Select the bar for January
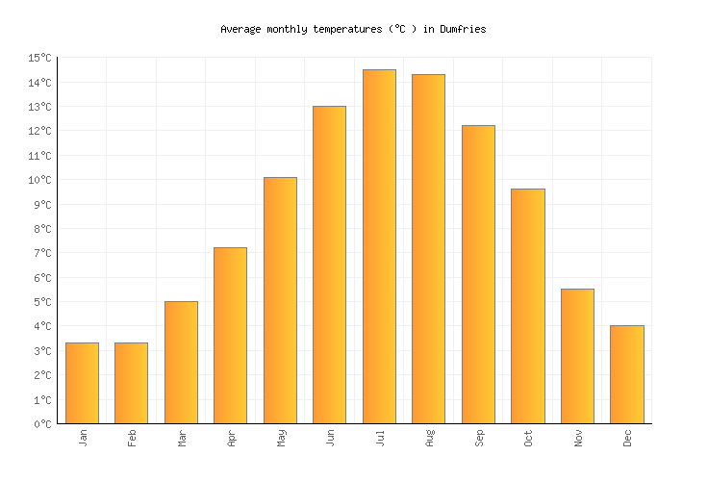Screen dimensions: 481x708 point(82,383)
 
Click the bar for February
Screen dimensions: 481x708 point(131,383)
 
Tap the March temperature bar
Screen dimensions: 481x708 point(181,363)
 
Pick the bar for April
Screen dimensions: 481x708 point(230,336)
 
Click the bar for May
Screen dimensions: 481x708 point(280,300)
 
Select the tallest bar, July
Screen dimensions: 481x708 point(379,246)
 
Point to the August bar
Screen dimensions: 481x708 point(428,249)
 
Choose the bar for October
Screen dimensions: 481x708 point(527,306)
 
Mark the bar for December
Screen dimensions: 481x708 point(626,374)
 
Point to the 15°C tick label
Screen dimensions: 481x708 point(39,59)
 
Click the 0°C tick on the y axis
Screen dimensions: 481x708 point(42,424)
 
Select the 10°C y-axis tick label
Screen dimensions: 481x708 point(39,180)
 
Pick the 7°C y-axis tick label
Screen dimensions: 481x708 point(42,253)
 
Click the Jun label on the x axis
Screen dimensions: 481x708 point(331,438)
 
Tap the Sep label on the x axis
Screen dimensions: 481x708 point(479,438)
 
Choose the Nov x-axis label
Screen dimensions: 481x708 point(578,438)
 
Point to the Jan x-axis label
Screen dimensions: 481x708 point(83,438)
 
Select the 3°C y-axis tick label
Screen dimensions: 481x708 point(42,351)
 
